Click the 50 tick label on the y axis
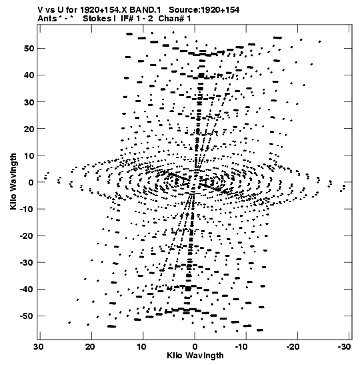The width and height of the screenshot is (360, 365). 29,49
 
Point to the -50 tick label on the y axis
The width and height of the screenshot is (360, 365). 27,316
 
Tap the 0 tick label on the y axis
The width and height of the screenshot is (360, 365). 31,182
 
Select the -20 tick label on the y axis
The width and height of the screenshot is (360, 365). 27,236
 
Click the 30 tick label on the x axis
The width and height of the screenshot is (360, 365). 39,347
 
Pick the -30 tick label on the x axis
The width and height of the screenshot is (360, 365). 344,347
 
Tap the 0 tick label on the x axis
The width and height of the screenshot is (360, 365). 195,347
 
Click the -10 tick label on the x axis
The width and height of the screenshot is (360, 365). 241,347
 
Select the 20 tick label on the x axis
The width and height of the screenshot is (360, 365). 90,347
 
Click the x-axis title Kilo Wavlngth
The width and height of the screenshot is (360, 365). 195,356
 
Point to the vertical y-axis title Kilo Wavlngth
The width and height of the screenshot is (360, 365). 13,181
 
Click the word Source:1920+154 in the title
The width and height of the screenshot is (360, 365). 204,10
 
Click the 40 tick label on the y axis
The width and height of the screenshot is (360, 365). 29,75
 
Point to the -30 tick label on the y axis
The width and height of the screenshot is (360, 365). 27,263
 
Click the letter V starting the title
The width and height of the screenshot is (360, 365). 40,10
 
